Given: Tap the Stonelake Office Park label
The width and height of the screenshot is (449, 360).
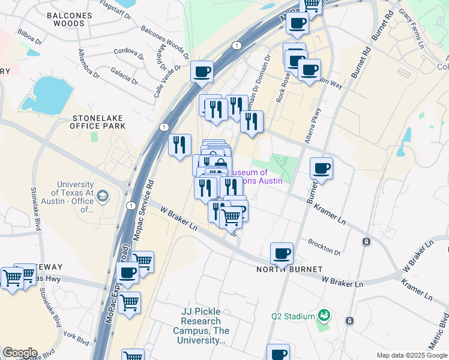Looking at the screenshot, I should click(98, 122).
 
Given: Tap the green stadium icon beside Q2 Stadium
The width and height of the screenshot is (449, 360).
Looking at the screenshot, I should click(324, 315).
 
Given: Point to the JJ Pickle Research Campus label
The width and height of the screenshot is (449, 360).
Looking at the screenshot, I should click(201, 325).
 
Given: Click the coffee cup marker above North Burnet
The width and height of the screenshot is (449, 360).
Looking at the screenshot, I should click(282, 253).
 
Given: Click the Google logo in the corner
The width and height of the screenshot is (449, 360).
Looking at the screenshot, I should click(20, 352).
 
